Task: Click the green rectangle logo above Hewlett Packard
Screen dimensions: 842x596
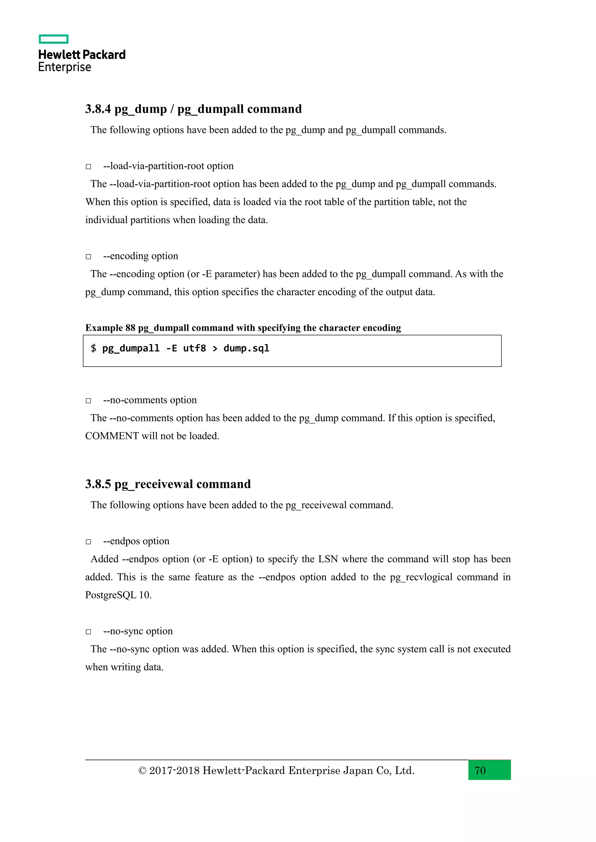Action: coord(54,39)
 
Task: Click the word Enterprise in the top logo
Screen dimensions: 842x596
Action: coord(65,67)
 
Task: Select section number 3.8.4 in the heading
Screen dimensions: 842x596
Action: coord(97,109)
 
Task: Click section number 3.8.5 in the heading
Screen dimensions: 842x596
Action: coord(97,484)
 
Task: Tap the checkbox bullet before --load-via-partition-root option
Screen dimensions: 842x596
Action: coord(88,167)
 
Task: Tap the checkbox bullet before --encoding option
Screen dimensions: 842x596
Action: coord(88,257)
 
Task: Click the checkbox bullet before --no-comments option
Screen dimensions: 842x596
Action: coord(88,400)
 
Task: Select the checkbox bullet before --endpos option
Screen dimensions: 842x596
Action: coord(88,542)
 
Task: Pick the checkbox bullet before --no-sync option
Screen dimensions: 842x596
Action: coord(88,631)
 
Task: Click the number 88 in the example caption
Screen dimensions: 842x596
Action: coord(130,328)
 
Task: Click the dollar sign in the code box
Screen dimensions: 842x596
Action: coord(94,348)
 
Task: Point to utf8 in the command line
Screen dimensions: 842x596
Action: coord(194,348)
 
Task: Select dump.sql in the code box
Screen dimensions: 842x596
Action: coord(246,348)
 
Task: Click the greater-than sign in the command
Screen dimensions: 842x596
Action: coord(215,348)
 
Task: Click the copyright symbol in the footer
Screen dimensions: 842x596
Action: coord(142,771)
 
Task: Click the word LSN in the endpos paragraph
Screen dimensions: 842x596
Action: coord(328,559)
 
